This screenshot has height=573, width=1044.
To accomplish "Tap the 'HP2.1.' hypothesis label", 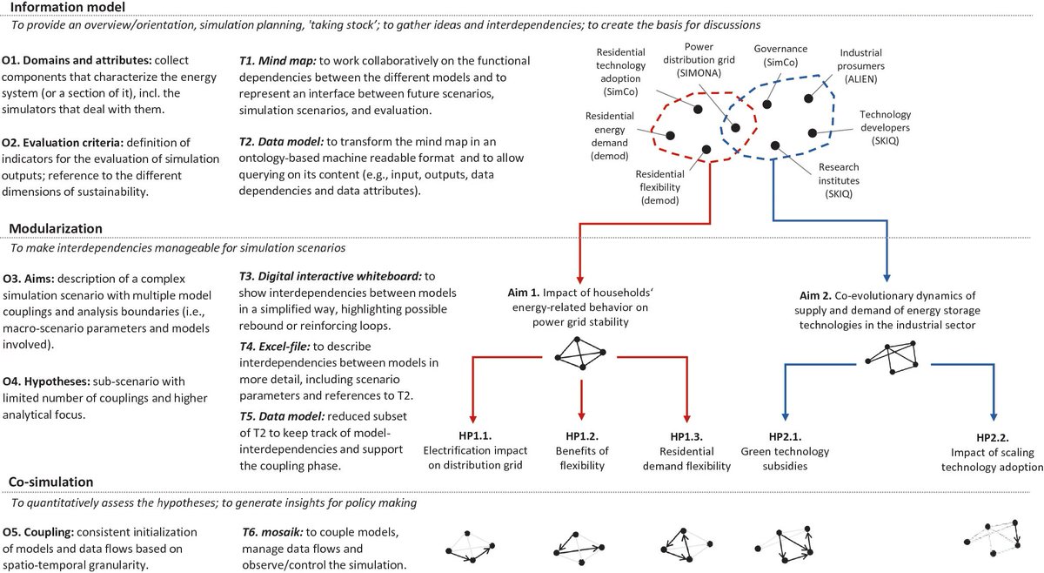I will [x=784, y=435].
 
